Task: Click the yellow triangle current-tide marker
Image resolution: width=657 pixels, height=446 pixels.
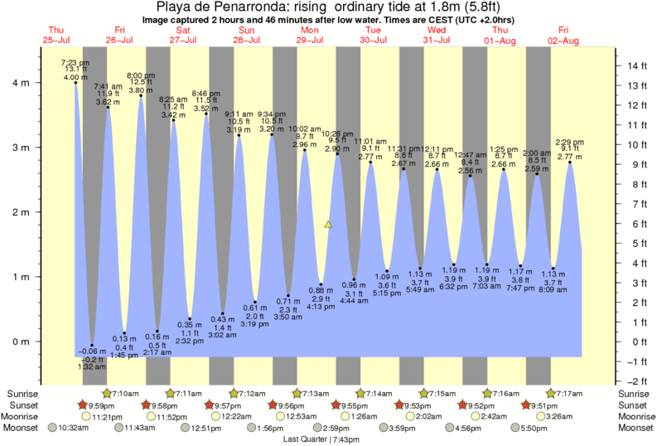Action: (328, 224)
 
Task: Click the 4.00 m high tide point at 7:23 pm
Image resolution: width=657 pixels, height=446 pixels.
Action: (75, 82)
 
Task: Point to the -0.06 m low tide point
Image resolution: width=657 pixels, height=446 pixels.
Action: (92, 346)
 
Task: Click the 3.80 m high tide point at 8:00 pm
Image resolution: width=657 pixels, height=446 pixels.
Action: (141, 95)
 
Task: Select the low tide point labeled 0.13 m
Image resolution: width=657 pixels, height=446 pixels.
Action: (124, 332)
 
